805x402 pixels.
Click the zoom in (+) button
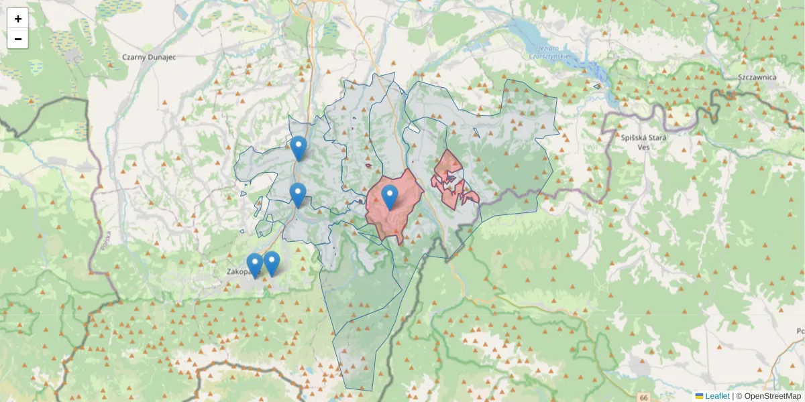17,19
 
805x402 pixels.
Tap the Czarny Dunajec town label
149,58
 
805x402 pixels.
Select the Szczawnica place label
757,77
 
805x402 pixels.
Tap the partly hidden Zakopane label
237,272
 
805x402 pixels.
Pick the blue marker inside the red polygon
389,197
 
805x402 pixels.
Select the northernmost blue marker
298,148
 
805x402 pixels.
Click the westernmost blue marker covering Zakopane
254,265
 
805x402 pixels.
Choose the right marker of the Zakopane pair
271,263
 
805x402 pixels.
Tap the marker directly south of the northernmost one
298,195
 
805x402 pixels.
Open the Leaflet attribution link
717,396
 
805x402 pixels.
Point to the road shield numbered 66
644,398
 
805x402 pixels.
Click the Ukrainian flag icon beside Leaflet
699,396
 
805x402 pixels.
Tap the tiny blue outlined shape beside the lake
596,86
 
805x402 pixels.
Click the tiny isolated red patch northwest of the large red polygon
368,165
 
